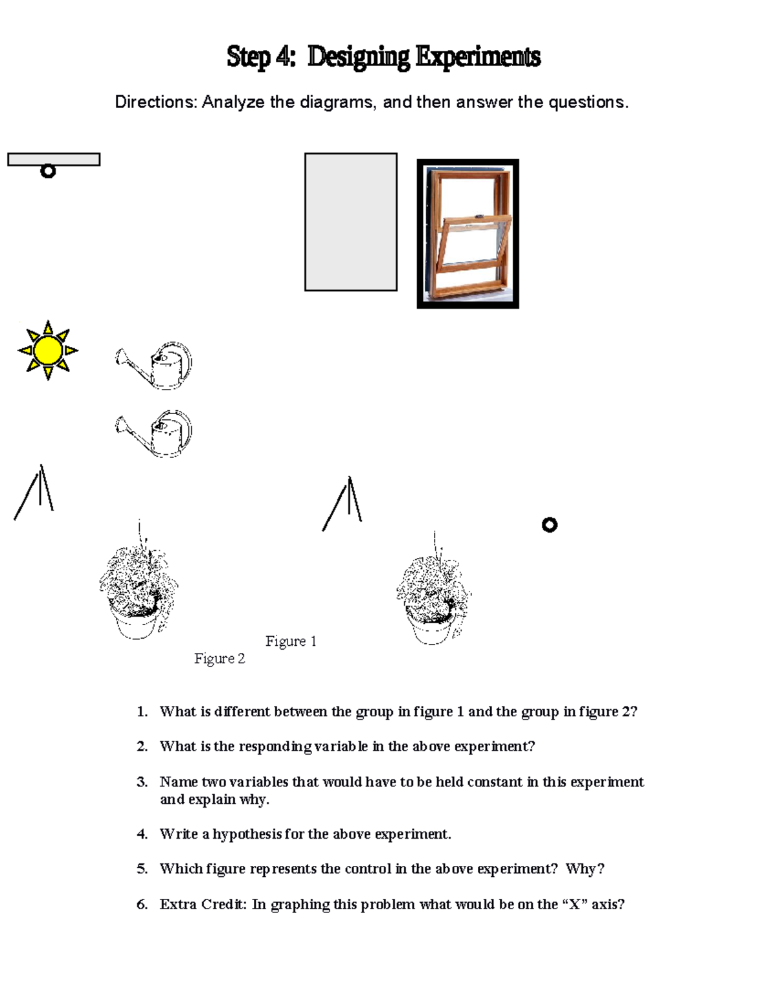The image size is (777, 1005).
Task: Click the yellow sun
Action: click(x=48, y=350)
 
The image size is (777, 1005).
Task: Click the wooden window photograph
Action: click(x=467, y=234)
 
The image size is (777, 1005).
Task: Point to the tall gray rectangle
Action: click(x=351, y=222)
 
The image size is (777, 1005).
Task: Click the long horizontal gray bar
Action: click(x=54, y=159)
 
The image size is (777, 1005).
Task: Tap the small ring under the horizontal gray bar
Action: click(x=48, y=171)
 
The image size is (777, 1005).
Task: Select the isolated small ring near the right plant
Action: click(x=549, y=525)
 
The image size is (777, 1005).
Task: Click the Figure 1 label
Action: click(x=291, y=641)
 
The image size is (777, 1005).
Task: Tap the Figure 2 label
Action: click(x=220, y=659)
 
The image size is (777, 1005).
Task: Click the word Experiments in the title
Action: click(x=478, y=57)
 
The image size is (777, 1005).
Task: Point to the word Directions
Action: click(x=155, y=102)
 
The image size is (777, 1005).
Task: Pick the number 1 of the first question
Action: click(x=141, y=712)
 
